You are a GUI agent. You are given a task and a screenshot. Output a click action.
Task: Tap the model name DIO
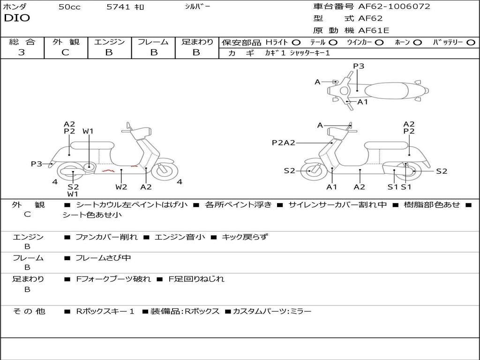[17, 18]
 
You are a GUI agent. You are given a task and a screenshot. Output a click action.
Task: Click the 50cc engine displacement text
[69, 7]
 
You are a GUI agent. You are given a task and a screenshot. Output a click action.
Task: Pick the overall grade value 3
[22, 52]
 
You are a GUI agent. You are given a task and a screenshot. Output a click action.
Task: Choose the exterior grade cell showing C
[66, 52]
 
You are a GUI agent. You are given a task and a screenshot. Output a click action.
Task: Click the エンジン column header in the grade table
[109, 42]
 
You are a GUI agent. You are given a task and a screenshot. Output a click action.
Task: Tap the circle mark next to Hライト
[296, 43]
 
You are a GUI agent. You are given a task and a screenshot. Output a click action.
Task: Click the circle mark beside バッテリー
[471, 43]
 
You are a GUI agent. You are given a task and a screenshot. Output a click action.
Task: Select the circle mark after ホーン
[417, 43]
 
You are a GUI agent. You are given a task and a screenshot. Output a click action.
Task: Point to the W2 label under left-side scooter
[121, 187]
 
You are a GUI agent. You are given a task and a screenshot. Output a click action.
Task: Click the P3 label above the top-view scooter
[359, 66]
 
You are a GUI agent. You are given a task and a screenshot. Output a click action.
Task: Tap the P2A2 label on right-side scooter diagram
[283, 143]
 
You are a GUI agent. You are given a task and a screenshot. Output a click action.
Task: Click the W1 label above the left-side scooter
[88, 131]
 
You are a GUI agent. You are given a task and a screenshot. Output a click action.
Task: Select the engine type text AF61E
[373, 30]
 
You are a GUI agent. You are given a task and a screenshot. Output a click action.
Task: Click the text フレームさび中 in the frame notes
[103, 258]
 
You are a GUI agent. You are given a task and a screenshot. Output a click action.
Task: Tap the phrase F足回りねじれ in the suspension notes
[196, 279]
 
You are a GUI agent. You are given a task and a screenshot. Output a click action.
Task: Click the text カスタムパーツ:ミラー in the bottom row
[272, 311]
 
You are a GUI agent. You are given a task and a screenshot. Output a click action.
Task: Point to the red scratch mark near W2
[109, 170]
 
